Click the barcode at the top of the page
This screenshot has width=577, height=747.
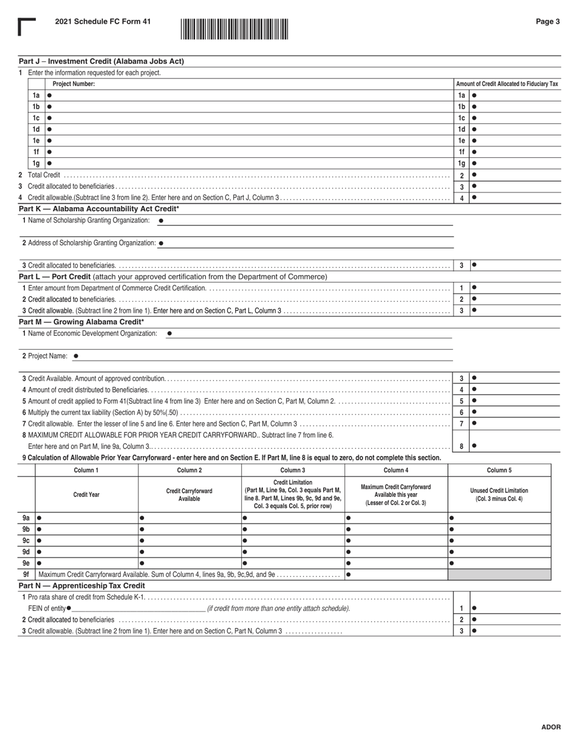point(234,29)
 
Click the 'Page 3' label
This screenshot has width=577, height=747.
point(547,22)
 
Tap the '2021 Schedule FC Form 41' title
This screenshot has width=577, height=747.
point(103,22)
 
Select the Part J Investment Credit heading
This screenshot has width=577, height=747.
point(101,61)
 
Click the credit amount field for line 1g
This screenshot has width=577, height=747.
point(516,163)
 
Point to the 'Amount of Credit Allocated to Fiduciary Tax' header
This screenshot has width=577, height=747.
point(507,84)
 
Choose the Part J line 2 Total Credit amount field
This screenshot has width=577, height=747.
point(516,176)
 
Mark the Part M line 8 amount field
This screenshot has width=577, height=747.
point(516,446)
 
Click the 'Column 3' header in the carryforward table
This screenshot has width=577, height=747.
point(293,470)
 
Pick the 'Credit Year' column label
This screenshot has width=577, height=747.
point(86,494)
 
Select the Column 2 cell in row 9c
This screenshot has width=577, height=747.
point(189,541)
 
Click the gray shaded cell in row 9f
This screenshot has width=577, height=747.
point(499,574)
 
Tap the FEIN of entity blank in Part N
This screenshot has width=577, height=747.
point(138,608)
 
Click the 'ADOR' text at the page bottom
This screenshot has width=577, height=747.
point(551,727)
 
